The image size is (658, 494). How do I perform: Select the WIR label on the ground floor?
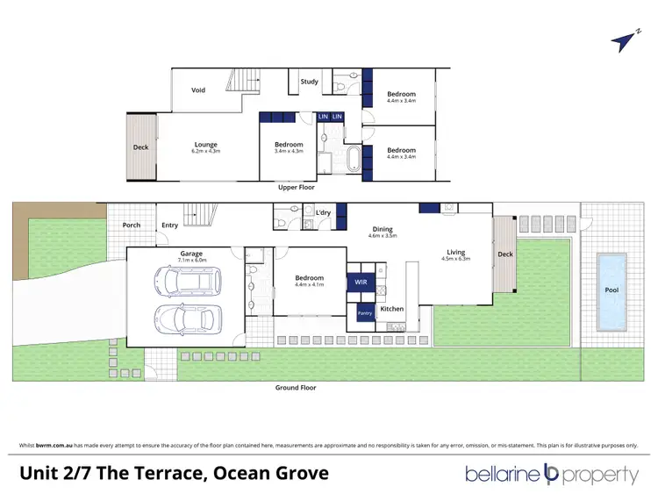tap(361, 282)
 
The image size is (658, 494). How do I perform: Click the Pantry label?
tap(363, 311)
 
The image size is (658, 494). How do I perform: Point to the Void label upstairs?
tap(198, 89)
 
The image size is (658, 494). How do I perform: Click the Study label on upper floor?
tap(309, 82)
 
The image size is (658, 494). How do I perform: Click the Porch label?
tap(131, 225)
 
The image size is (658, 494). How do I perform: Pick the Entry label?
tap(170, 225)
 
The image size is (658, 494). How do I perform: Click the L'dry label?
tap(322, 213)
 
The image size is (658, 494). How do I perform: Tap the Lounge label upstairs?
tap(206, 145)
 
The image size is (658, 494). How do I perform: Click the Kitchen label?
tap(392, 309)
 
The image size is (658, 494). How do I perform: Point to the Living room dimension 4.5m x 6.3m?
tap(455, 259)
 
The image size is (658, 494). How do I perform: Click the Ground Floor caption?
tap(295, 387)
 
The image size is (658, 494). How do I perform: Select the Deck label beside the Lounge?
tap(140, 147)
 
